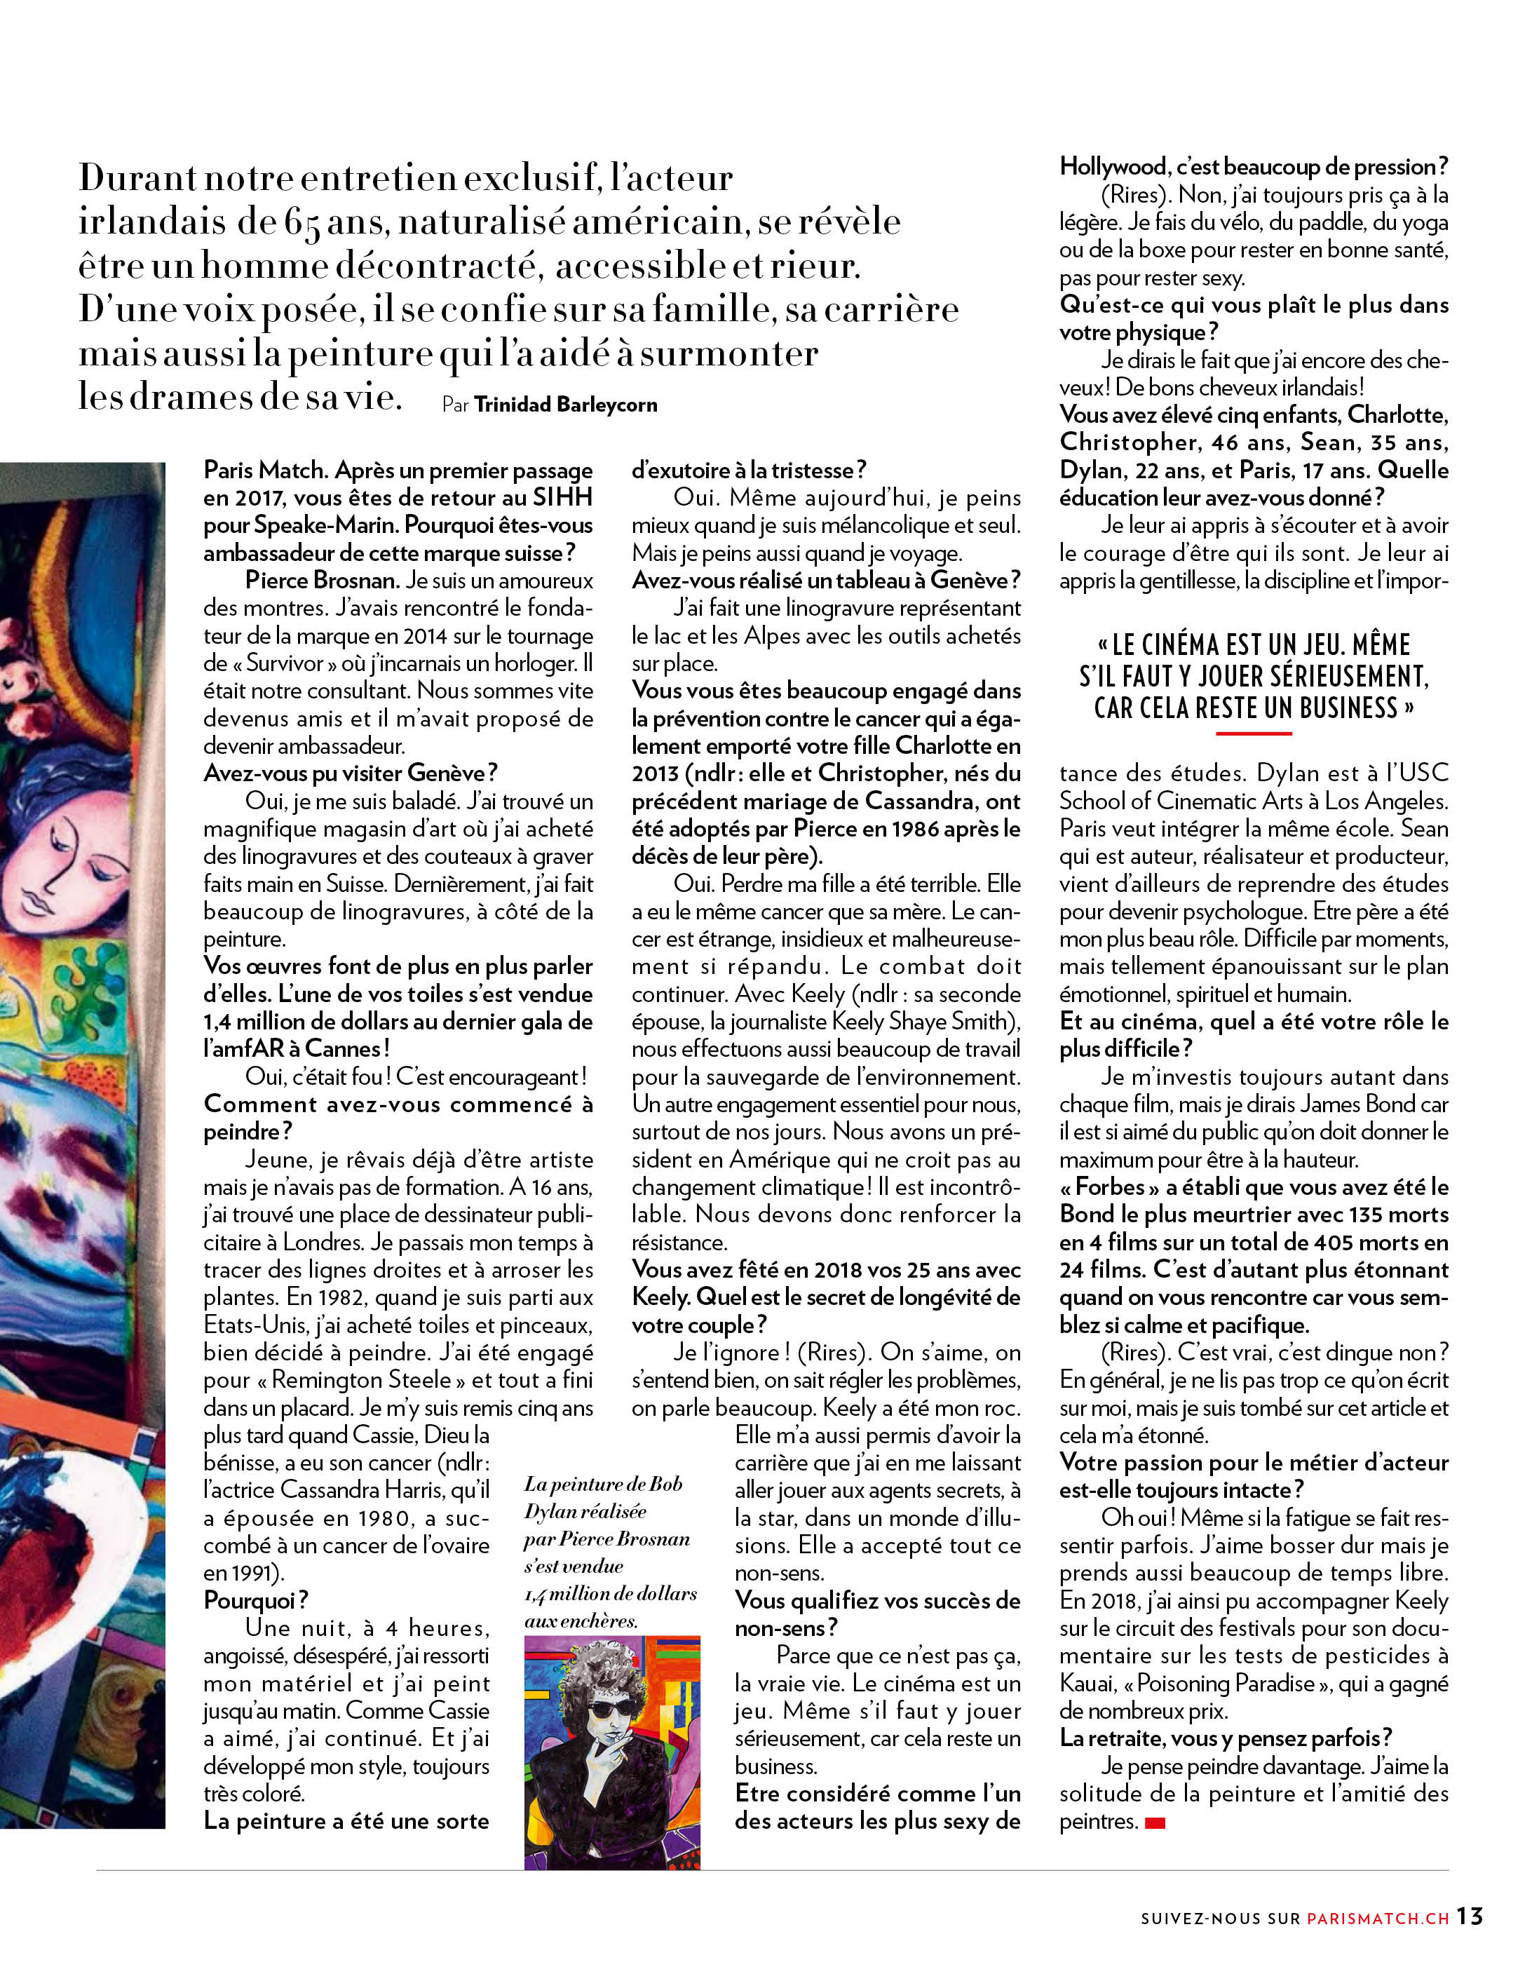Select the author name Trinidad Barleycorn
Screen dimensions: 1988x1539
point(565,405)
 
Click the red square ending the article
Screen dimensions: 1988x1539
point(1155,1823)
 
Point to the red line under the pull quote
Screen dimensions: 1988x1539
point(1253,732)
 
